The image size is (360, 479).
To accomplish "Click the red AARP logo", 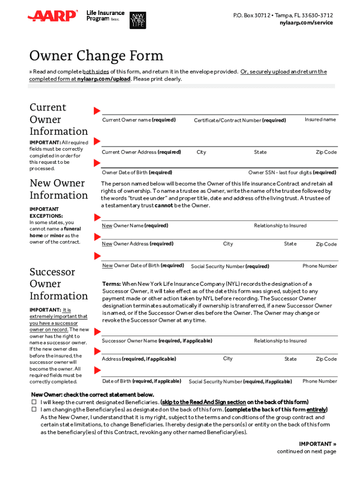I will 52,16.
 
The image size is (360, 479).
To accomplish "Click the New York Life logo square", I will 137,19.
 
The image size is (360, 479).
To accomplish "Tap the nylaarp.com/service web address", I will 306,22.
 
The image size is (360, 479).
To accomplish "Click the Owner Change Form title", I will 96,56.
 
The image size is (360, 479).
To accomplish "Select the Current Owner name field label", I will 139,120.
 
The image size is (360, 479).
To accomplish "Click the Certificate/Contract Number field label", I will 240,121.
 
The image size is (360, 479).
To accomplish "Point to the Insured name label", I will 320,120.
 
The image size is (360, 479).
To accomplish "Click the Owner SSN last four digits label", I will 292,173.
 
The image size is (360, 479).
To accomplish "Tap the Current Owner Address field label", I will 141,152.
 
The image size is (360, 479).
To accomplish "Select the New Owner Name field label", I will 135,226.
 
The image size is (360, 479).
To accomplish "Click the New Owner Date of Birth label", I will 143,266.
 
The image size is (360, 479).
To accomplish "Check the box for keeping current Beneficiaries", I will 34,402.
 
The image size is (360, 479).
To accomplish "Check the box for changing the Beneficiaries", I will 34,409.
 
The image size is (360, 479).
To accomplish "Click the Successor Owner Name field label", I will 157,341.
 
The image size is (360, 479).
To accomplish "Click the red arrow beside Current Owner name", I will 97,111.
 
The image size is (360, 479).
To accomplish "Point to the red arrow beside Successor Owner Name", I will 97,332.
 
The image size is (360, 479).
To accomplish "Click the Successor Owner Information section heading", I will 58,284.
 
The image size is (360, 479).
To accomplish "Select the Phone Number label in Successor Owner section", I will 320,381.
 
